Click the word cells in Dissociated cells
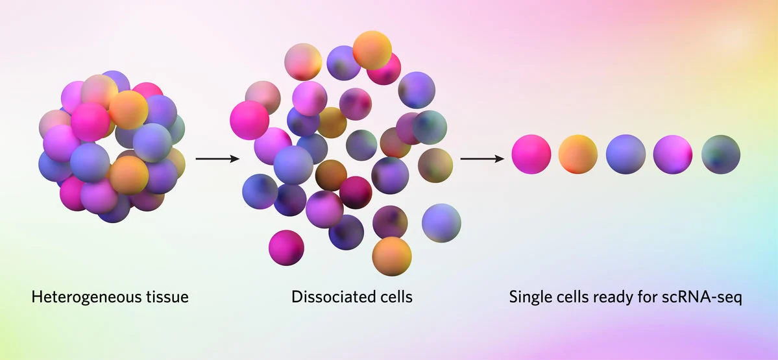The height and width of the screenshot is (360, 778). (395, 298)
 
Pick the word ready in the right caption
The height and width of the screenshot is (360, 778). (613, 298)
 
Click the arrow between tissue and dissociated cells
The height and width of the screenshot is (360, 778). (217, 158)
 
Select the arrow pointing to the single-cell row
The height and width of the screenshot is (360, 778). (482, 158)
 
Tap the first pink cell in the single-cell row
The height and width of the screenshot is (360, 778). (531, 154)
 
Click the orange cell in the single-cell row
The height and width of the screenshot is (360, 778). (578, 154)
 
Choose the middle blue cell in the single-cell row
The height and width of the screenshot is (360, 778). (626, 154)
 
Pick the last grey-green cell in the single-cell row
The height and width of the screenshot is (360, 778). (720, 154)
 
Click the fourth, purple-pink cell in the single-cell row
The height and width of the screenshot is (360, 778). (673, 154)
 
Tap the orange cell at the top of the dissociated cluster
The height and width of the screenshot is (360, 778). (372, 50)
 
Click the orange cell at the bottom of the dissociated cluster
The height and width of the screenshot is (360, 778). (391, 256)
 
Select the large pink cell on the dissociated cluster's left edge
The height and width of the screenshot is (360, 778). (249, 120)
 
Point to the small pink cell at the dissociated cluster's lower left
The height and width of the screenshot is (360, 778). (286, 247)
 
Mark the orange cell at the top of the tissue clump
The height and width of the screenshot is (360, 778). (128, 109)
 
